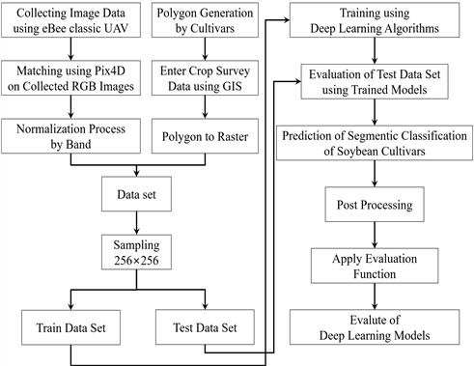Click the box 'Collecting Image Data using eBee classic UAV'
[x=70, y=20]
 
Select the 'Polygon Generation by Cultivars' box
[x=205, y=20]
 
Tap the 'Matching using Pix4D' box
[x=70, y=78]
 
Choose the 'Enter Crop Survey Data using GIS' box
[x=205, y=78]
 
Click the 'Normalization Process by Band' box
[x=70, y=136]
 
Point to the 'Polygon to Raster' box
[x=205, y=136]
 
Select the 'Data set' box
[x=136, y=194]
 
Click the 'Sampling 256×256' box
[x=136, y=252]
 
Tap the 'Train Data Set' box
[x=70, y=327]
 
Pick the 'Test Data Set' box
[x=205, y=327]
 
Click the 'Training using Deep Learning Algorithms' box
[x=375, y=20]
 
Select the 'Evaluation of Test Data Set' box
[x=375, y=81]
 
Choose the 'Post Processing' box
[x=375, y=204]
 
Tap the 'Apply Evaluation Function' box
[x=375, y=266]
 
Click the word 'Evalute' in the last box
[x=375, y=320]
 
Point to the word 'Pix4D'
[x=109, y=70]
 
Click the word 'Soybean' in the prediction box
[x=357, y=151]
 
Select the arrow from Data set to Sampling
[x=136, y=223]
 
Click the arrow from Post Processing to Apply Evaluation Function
[x=375, y=235]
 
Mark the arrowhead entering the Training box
[x=287, y=20]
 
